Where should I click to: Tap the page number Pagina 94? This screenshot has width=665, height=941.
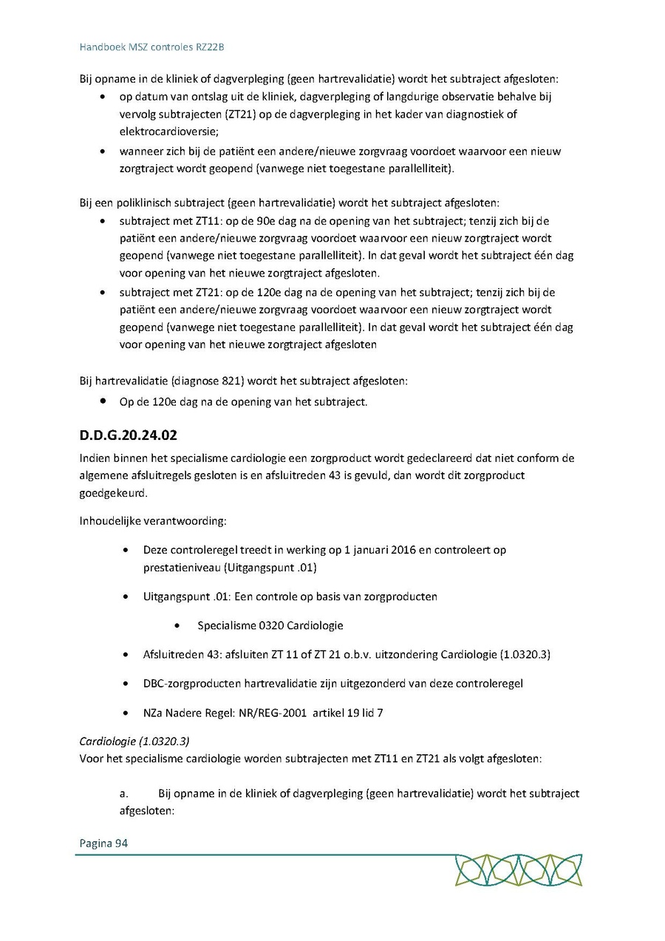click(103, 843)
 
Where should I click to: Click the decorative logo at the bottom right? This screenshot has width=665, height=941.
click(518, 870)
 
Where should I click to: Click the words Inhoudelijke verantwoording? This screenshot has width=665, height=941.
click(153, 521)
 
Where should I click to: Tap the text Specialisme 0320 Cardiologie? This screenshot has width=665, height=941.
click(270, 625)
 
